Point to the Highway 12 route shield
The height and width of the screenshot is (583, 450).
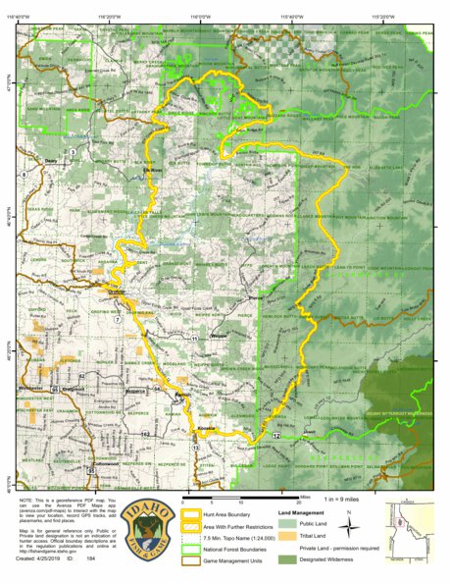tap(277, 433)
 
